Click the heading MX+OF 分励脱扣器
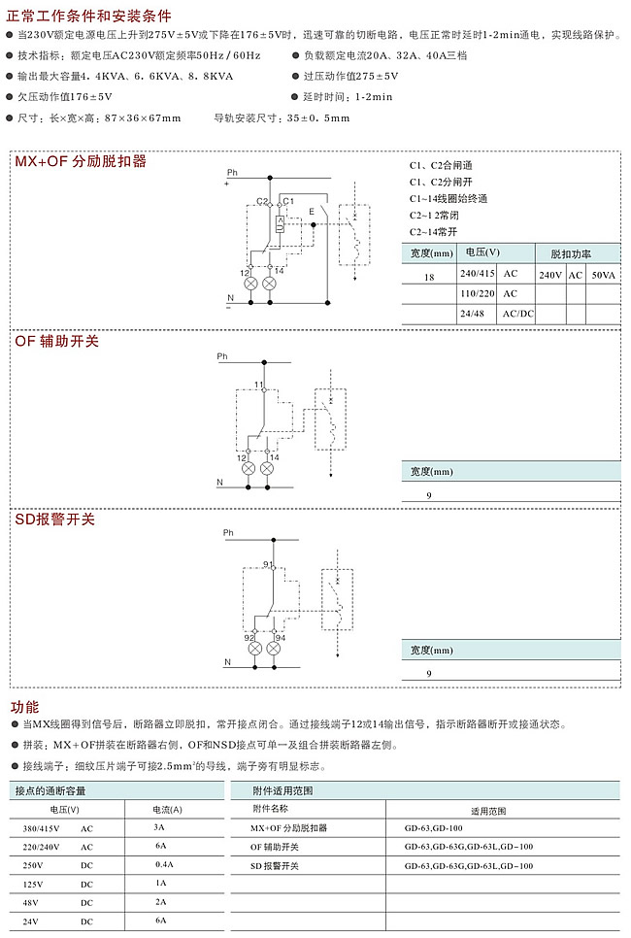pyautogui.click(x=80, y=161)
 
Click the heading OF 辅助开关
pyautogui.click(x=56, y=341)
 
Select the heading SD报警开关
pyautogui.click(x=54, y=519)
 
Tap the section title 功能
pyautogui.click(x=24, y=707)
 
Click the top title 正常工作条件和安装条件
pyautogui.click(x=89, y=17)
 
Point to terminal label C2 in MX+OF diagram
pyautogui.click(x=263, y=201)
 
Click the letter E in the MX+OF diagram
pyautogui.click(x=311, y=210)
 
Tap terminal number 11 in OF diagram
pyautogui.click(x=259, y=385)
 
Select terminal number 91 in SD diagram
pyautogui.click(x=268, y=564)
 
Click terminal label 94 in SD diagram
pyautogui.click(x=280, y=638)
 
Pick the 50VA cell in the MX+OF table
pyautogui.click(x=603, y=276)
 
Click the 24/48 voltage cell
pyautogui.click(x=472, y=314)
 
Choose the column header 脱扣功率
pyautogui.click(x=571, y=254)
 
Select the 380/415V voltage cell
pyautogui.click(x=42, y=829)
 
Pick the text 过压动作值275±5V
pyautogui.click(x=350, y=75)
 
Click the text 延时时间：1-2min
pyautogui.click(x=348, y=96)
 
